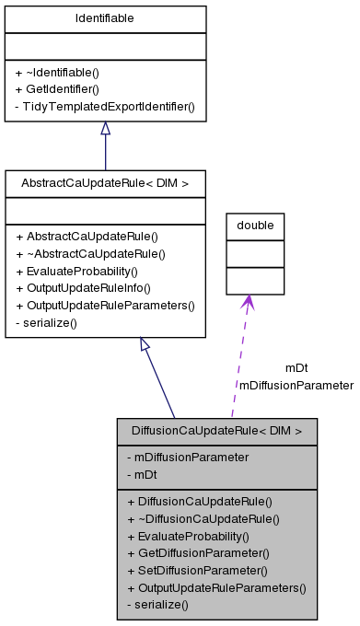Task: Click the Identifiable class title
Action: [105, 17]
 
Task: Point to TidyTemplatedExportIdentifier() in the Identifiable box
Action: [105, 106]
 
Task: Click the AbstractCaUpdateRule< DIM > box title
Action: [105, 184]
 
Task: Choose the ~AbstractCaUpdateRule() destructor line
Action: [90, 253]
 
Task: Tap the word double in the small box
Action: [255, 226]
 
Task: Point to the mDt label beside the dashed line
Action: [296, 368]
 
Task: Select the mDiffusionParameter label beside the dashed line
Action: [296, 385]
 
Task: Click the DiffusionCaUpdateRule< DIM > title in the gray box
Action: [216, 430]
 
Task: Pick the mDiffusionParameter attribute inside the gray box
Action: [188, 457]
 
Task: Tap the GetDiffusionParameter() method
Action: [197, 552]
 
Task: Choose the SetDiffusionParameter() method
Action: [197, 570]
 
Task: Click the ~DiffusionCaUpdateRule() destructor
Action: [203, 518]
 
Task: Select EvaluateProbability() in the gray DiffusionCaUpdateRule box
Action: [188, 536]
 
